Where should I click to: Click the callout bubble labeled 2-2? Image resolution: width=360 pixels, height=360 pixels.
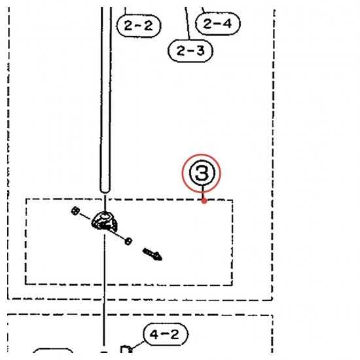coord(139,26)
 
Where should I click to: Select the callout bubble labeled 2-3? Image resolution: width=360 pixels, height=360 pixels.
coord(190,50)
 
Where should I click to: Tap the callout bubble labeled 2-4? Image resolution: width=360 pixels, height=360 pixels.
coord(218,24)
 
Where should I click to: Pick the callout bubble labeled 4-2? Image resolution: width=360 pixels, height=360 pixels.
coord(165,334)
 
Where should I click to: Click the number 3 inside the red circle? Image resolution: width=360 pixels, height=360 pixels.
coord(202,173)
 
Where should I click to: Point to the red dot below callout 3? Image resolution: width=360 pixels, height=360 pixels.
coord(204,201)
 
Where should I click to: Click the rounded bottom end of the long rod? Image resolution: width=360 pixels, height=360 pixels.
coord(105,189)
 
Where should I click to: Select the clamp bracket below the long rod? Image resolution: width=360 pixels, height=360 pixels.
coord(105,221)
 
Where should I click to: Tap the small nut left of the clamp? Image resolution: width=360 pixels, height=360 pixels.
coord(75,211)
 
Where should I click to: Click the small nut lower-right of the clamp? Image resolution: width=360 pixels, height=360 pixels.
coord(128,242)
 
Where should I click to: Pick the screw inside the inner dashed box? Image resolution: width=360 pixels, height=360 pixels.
coord(153,255)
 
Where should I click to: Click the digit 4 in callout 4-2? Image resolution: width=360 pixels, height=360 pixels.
coord(154,334)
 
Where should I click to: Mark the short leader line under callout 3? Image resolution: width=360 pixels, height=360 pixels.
coord(203,192)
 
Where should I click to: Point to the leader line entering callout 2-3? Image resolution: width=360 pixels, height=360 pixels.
coord(188,24)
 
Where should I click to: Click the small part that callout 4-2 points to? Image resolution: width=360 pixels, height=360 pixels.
coord(126,349)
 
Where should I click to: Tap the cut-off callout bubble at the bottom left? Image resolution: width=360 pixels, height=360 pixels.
coord(53,350)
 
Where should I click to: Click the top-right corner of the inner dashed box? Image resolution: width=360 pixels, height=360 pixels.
coord(232,200)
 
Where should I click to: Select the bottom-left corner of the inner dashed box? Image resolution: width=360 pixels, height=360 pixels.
coord(26,284)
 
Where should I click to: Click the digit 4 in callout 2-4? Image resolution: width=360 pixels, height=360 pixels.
coord(226,24)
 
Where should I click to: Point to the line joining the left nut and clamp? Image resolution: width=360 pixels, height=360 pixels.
coord(85,216)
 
